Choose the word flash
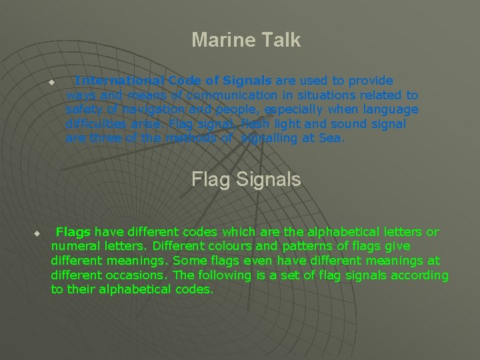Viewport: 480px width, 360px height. pyautogui.click(x=253, y=124)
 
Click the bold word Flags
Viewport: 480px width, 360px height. pyautogui.click(x=73, y=232)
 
